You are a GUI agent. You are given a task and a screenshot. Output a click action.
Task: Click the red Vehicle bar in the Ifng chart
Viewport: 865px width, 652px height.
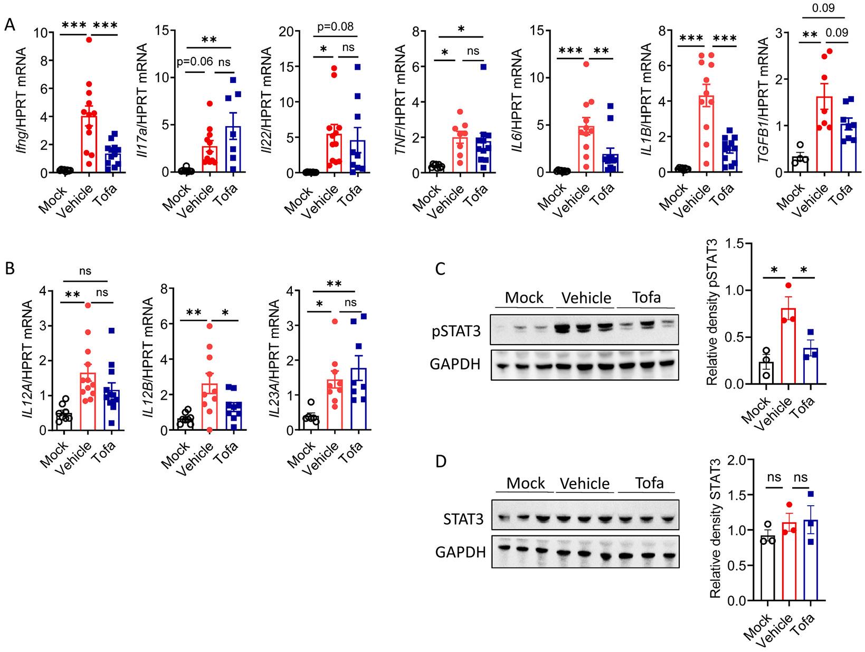tap(89, 143)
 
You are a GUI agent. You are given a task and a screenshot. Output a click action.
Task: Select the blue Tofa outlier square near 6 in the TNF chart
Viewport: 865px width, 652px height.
tap(482, 67)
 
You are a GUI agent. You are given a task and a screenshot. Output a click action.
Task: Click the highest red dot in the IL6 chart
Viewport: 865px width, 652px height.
tap(586, 64)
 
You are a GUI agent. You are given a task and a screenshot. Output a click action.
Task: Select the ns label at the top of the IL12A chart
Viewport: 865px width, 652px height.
tap(85, 271)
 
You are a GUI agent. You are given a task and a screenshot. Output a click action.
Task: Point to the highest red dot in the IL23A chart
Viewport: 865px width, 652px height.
tap(334, 321)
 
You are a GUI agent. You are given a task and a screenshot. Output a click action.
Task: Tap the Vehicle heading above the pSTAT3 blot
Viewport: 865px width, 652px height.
tap(586, 298)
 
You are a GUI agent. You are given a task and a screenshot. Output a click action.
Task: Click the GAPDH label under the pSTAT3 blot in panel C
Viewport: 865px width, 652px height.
tap(458, 363)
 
